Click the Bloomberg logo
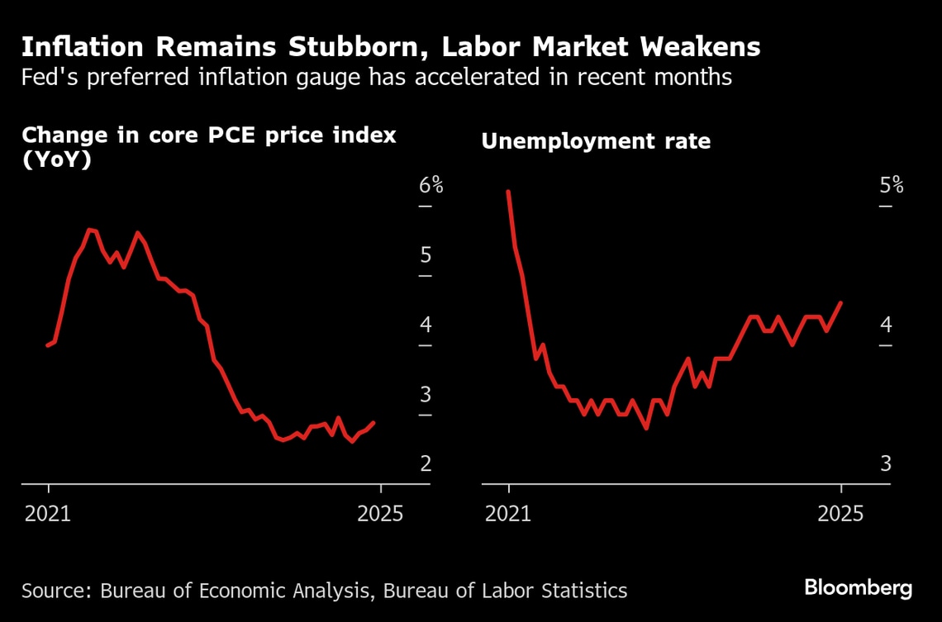pyautogui.click(x=858, y=588)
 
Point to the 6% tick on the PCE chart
pyautogui.click(x=431, y=185)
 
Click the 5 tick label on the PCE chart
pyautogui.click(x=426, y=254)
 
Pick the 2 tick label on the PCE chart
pyautogui.click(x=426, y=463)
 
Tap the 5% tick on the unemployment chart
pyautogui.click(x=891, y=185)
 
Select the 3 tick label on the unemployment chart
pyautogui.click(x=886, y=463)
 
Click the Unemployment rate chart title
pyautogui.click(x=596, y=142)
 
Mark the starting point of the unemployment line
pyautogui.click(x=508, y=192)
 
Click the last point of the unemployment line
pyautogui.click(x=840, y=302)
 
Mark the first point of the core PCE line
pyautogui.click(x=48, y=345)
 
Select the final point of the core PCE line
pyautogui.click(x=373, y=423)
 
